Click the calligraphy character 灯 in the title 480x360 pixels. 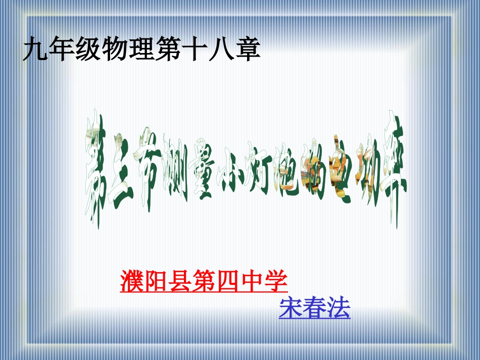(258, 174)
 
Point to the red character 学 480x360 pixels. (276, 282)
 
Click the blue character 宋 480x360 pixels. (291, 308)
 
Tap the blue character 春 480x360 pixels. (314, 308)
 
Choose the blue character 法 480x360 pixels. (339, 308)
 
